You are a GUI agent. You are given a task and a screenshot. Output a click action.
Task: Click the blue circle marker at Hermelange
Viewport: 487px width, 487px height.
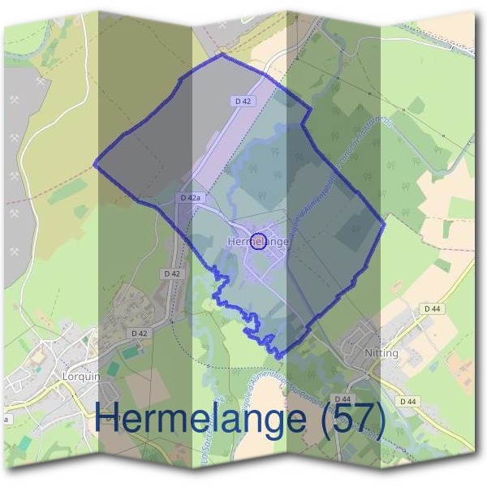coord(258,241)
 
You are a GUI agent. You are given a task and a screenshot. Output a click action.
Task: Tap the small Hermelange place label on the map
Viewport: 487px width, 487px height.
coord(259,242)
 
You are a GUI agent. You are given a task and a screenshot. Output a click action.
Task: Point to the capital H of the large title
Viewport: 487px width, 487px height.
coord(109,419)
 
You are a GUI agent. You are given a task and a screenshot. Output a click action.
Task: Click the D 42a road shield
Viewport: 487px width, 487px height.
coord(188,198)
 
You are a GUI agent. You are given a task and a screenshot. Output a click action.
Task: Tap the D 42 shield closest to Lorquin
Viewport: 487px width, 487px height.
coord(139,333)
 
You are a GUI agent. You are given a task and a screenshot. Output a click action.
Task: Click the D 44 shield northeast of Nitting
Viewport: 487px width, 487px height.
coord(431,308)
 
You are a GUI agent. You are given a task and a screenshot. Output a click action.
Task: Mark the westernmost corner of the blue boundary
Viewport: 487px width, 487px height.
coord(95,164)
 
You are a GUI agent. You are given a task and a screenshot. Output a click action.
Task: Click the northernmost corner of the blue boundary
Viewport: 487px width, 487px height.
coord(222,54)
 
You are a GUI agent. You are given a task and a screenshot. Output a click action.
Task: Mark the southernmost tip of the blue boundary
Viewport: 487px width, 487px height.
coord(280,356)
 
